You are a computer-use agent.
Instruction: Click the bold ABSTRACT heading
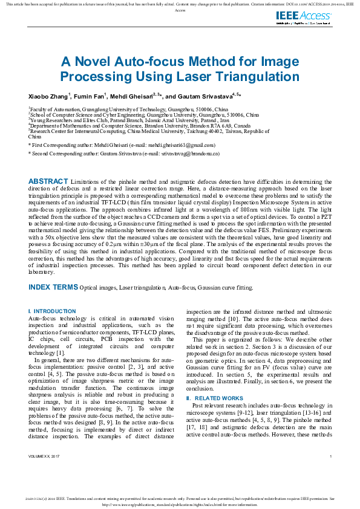click(x=48, y=181)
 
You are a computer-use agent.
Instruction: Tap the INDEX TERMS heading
click(x=53, y=287)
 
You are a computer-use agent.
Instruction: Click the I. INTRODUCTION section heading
click(x=52, y=311)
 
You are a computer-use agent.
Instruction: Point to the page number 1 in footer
click(x=330, y=472)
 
